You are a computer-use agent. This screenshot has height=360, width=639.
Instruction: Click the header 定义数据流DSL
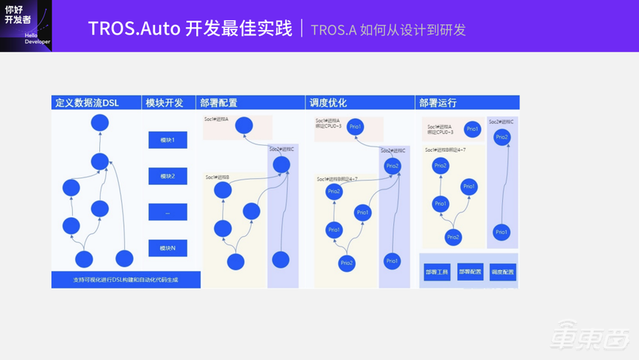click(x=86, y=103)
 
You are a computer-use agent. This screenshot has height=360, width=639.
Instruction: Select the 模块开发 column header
click(x=165, y=103)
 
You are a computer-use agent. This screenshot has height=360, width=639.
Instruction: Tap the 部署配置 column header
click(x=219, y=103)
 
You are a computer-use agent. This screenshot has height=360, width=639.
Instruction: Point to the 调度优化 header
click(x=329, y=103)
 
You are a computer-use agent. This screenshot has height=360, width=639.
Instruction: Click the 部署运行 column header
click(x=438, y=103)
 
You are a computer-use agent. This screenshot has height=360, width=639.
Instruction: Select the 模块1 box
click(x=168, y=140)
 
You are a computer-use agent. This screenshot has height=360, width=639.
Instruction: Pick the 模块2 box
click(x=168, y=176)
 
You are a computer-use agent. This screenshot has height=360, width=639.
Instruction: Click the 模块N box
click(x=168, y=248)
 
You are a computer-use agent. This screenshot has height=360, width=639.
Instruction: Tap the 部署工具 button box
click(x=437, y=272)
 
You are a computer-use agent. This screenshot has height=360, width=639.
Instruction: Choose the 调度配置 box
click(x=503, y=272)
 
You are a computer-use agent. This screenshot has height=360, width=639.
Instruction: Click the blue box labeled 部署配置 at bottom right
click(x=470, y=272)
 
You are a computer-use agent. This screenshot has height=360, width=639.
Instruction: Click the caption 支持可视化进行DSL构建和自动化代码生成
click(x=126, y=280)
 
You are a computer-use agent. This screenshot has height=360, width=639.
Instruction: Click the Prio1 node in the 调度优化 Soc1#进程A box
click(x=356, y=126)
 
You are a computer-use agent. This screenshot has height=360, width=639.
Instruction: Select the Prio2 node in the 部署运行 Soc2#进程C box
click(x=501, y=138)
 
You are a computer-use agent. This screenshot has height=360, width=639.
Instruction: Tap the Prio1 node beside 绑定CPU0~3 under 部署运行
click(x=472, y=129)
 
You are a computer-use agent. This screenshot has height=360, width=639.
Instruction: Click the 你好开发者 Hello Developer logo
click(x=26, y=26)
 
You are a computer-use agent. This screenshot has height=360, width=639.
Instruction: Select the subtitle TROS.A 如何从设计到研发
click(x=388, y=30)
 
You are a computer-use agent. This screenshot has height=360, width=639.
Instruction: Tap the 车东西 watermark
click(x=589, y=336)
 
